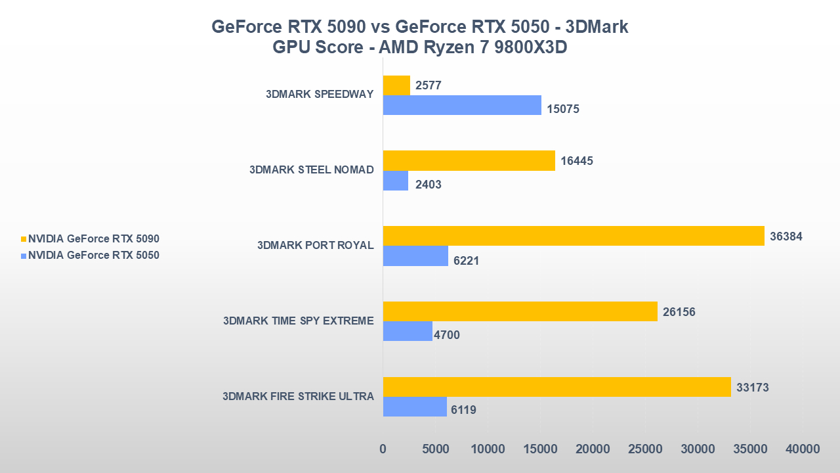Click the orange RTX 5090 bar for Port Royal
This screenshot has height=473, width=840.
coord(573,236)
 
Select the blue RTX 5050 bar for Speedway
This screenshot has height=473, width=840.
coord(462,105)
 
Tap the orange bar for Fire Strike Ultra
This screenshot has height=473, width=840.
coord(556,387)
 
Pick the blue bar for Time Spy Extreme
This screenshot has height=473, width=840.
coord(408,331)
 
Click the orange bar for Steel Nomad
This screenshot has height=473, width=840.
coord(469,161)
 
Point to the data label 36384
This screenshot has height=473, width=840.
coord(786,236)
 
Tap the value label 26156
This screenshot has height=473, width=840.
coord(679,312)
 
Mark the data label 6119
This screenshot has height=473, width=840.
coord(463,410)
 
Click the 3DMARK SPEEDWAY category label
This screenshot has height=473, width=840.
coord(320,94)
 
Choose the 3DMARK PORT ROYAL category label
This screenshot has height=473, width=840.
coord(315,245)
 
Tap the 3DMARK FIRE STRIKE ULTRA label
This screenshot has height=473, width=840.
coord(298,396)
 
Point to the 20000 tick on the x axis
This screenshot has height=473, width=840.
coord(592,449)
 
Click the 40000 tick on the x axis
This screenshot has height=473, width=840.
coord(802,449)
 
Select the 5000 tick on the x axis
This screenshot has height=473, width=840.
coord(435,449)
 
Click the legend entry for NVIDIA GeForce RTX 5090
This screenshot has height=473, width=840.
coord(93,239)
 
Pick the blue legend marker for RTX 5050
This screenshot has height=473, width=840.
coord(24,256)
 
